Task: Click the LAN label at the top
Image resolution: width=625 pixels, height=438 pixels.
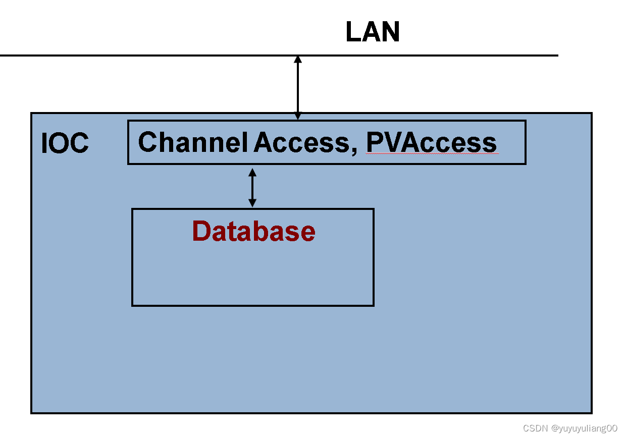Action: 373,32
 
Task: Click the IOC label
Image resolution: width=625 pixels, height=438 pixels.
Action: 65,144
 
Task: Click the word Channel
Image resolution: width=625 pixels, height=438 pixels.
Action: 192,142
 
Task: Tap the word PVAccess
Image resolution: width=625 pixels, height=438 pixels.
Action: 432,143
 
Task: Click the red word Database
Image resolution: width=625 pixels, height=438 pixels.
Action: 253,231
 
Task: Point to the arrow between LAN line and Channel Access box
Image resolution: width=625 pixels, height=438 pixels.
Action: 298,87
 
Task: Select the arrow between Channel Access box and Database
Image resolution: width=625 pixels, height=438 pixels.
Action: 252,188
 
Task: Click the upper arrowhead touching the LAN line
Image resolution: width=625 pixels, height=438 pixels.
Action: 298,60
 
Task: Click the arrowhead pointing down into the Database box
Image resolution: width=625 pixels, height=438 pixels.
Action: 252,203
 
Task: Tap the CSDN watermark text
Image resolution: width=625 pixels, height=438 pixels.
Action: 535,428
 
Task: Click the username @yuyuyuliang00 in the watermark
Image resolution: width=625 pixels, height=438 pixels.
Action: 584,428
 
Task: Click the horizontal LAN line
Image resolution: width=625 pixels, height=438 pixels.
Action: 151,55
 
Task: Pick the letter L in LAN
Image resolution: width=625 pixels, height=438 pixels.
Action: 353,32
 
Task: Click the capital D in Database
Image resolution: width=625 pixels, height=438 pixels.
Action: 201,231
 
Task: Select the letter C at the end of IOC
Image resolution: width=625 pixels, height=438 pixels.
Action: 80,144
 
